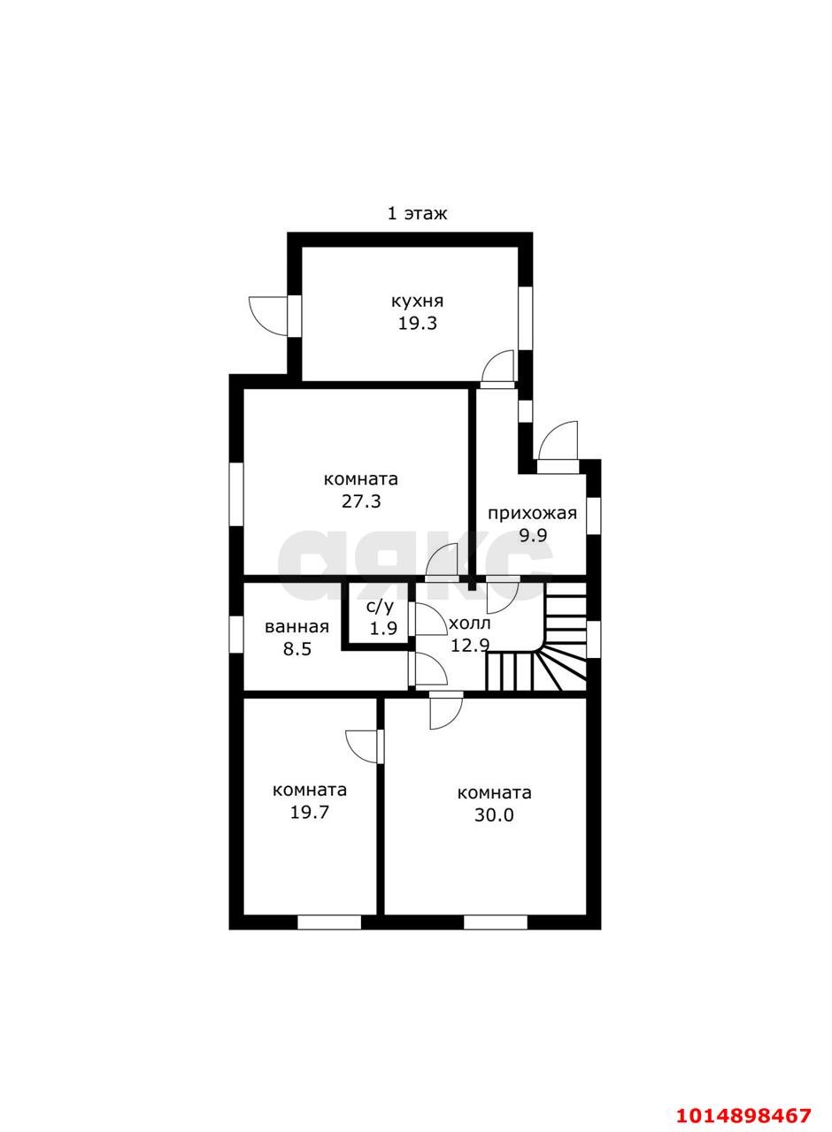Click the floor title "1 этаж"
417,214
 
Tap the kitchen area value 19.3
417,323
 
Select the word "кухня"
417,302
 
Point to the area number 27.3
361,501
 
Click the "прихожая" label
532,514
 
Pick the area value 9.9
533,535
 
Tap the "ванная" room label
297,627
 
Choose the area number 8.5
297,648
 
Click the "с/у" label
381,608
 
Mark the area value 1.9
383,628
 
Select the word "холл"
470,623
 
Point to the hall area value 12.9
469,645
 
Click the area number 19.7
310,813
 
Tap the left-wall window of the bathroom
236,635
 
